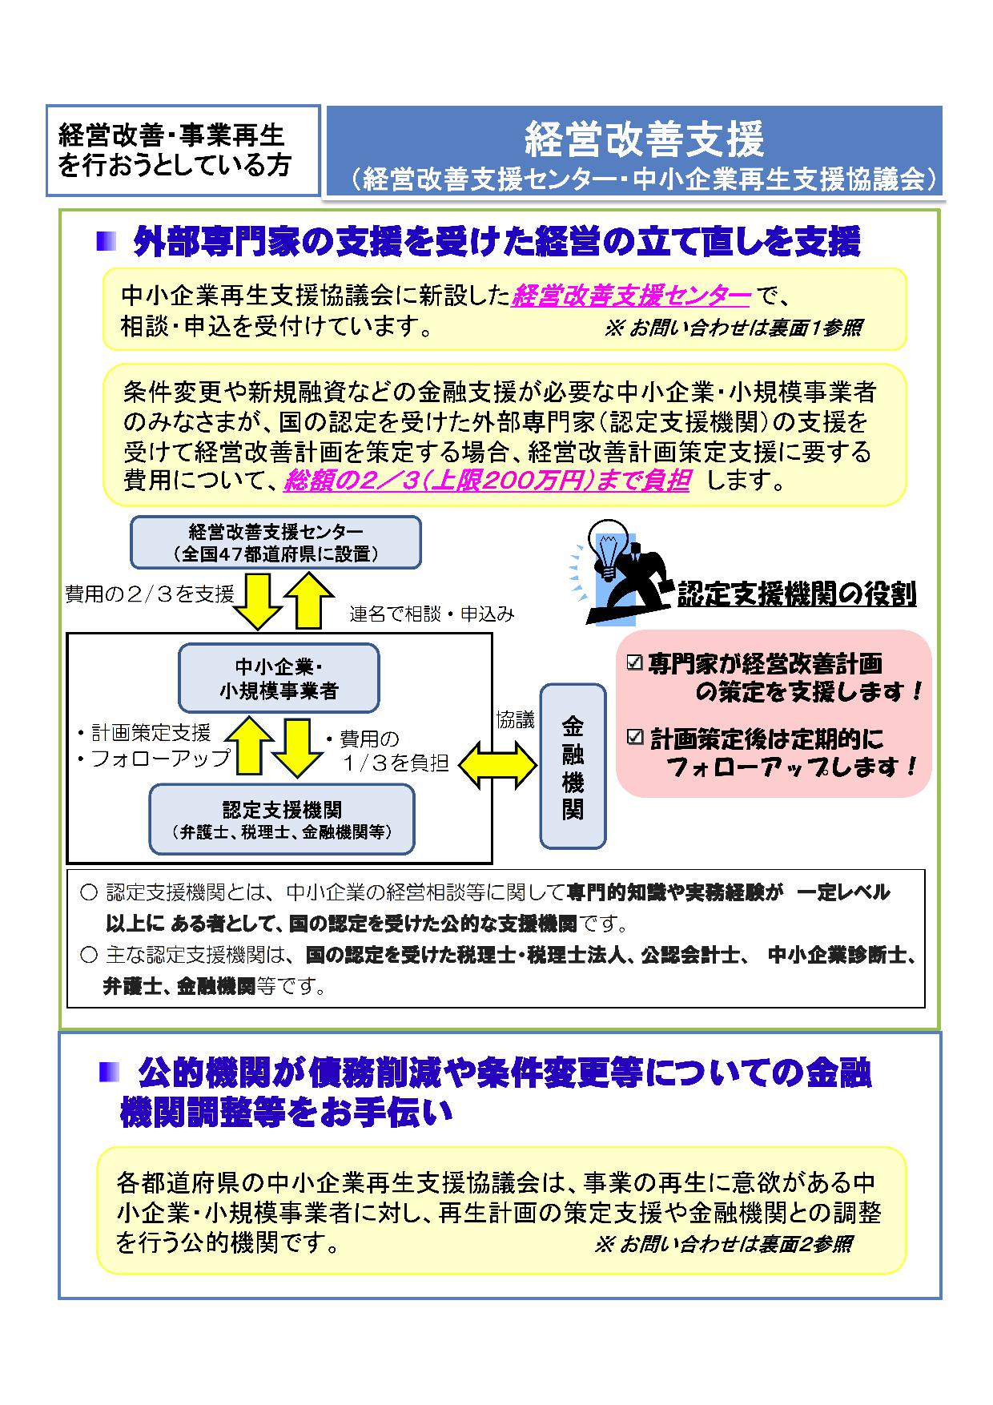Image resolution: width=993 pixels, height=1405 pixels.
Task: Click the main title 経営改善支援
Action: [x=644, y=139]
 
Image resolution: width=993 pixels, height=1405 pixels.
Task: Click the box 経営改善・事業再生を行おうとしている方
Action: [x=183, y=151]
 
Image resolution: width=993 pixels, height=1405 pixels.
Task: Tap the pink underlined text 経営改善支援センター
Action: [x=631, y=296]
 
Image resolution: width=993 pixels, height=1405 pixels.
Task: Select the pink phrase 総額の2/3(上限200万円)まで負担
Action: [x=487, y=480]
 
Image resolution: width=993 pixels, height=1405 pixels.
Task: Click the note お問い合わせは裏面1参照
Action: [x=734, y=328]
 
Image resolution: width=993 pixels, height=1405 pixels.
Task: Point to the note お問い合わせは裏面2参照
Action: [x=724, y=1244]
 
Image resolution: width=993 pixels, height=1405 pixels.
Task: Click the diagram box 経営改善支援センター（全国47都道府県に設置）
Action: [x=275, y=542]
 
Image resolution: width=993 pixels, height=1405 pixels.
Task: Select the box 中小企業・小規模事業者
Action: [x=279, y=678]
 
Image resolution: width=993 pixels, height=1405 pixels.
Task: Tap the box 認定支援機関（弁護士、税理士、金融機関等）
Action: [x=282, y=819]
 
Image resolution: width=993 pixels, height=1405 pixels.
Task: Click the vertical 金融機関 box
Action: [x=573, y=766]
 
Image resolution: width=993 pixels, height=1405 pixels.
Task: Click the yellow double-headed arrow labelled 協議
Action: [x=497, y=763]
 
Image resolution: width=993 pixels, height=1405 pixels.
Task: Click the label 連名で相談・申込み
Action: [x=432, y=614]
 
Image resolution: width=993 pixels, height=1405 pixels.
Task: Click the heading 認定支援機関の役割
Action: [x=797, y=594]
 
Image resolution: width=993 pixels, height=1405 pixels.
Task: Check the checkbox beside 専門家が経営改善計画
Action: [x=635, y=663]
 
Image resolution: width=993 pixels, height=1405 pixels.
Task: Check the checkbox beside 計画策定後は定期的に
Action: [x=635, y=737]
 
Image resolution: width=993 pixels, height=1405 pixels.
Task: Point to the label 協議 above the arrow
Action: [x=515, y=719]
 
